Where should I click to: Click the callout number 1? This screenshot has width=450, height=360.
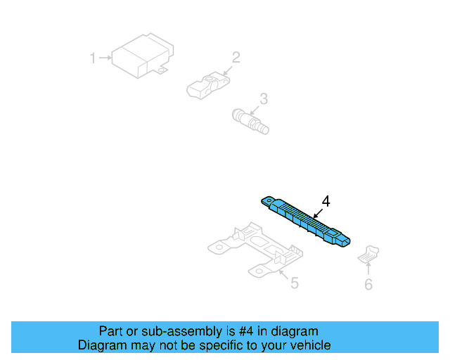92,58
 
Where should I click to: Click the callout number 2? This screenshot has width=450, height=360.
236,57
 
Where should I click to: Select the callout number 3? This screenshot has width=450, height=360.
263,99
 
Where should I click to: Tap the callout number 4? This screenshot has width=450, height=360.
325,201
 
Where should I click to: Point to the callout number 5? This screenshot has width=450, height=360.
295,283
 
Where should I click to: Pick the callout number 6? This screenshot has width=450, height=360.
368,284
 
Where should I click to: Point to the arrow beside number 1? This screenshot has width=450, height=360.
104,58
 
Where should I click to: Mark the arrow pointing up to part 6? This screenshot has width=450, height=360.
368,269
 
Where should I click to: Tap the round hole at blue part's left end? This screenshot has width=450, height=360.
268,200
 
